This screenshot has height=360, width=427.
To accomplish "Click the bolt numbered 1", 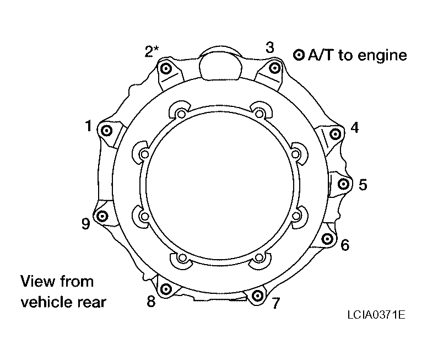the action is (106, 131).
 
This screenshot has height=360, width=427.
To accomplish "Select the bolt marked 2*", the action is (166, 68).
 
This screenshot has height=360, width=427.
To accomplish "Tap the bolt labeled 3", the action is (275, 67).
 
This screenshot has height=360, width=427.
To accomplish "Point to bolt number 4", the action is (335, 134).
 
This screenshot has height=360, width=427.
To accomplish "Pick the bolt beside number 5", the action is (343, 184).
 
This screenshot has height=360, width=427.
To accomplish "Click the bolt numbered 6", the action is (327, 239).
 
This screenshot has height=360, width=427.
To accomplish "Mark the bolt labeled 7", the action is (257, 295).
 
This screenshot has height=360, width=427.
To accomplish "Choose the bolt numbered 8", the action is (166, 289).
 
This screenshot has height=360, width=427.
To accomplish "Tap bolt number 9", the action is (102, 216).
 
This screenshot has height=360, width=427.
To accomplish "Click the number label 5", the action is (363, 185).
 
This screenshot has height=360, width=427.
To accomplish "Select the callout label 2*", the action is (152, 51).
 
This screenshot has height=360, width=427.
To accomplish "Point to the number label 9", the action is (86, 224).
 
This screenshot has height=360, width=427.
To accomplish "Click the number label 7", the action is (276, 303).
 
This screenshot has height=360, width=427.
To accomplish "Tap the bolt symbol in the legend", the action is (299, 55).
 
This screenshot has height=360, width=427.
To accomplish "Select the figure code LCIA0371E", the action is (376, 315).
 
